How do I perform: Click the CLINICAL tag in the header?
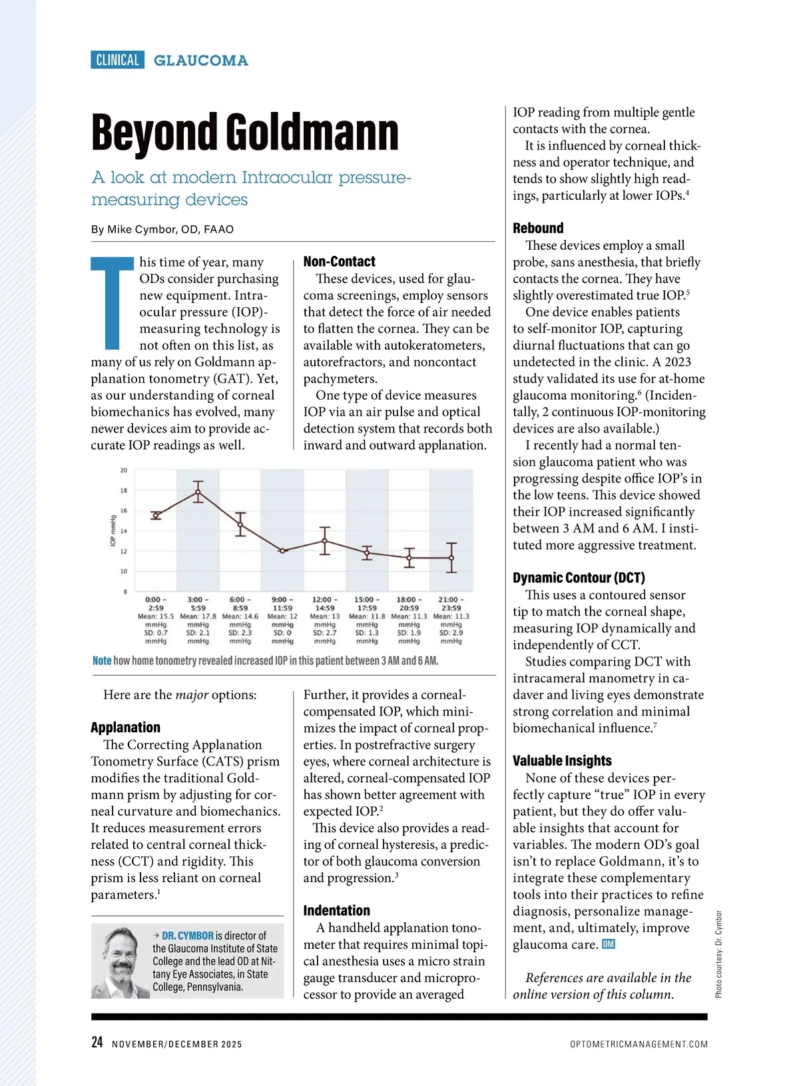(117, 60)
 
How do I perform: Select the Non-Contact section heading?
(339, 261)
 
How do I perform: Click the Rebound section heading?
(538, 228)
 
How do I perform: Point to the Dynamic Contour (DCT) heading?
(579, 578)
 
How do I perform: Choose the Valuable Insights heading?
(562, 761)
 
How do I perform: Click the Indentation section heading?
(336, 911)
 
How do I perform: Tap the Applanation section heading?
(125, 728)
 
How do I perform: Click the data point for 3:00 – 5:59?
(198, 492)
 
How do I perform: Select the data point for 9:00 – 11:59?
(282, 550)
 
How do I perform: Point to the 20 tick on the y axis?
(124, 470)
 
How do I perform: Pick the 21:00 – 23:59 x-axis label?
(451, 604)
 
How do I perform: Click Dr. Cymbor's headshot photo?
(121, 961)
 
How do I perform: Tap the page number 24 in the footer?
(97, 1043)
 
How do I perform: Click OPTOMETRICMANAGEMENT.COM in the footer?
(639, 1044)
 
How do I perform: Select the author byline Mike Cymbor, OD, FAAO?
(162, 229)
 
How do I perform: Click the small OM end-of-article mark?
(608, 945)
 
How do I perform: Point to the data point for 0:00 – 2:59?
(156, 515)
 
